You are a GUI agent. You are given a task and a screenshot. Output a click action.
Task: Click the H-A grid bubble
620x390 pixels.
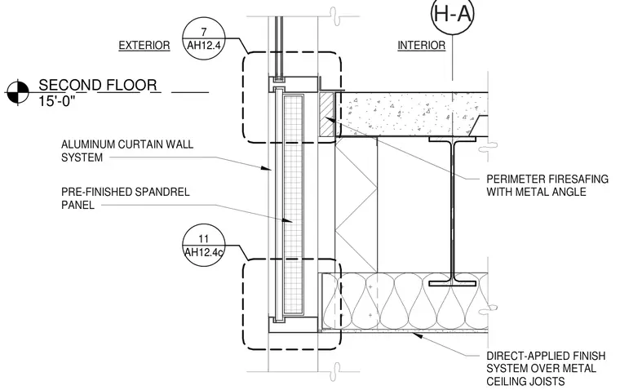[452, 14]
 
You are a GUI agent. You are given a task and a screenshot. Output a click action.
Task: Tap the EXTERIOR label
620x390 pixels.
[144, 46]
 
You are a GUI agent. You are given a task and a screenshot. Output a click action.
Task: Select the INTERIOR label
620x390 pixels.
[422, 46]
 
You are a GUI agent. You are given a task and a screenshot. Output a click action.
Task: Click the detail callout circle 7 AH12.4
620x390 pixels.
[204, 38]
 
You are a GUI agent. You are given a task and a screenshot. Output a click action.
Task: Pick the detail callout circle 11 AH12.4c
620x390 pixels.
[204, 246]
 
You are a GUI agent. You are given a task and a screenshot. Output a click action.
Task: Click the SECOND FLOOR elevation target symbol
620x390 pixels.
[18, 92]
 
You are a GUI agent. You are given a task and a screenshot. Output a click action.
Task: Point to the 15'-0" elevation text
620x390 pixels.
[56, 101]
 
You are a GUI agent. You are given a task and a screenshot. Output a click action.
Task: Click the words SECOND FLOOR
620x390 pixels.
[98, 85]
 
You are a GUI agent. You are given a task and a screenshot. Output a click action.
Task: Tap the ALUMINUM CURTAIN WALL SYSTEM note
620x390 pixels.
[127, 151]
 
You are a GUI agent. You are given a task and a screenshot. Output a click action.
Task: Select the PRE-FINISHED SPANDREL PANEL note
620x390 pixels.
[126, 198]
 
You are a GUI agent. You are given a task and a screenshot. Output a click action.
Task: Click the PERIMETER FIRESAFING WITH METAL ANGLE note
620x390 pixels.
[547, 185]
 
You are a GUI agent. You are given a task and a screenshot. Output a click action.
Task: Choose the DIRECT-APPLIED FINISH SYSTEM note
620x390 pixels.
[546, 369]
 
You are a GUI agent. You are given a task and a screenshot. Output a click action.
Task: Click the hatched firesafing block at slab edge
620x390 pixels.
[326, 115]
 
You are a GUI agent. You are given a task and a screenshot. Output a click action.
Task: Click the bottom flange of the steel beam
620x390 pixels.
[452, 284]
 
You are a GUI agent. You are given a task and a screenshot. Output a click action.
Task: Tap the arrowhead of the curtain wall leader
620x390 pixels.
[267, 168]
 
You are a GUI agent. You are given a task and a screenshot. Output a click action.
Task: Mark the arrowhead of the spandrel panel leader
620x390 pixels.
[287, 220]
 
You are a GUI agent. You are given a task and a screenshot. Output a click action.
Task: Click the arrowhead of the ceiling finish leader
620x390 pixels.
[417, 336]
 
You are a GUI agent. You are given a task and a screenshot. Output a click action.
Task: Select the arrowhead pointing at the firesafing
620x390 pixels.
[330, 119]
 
